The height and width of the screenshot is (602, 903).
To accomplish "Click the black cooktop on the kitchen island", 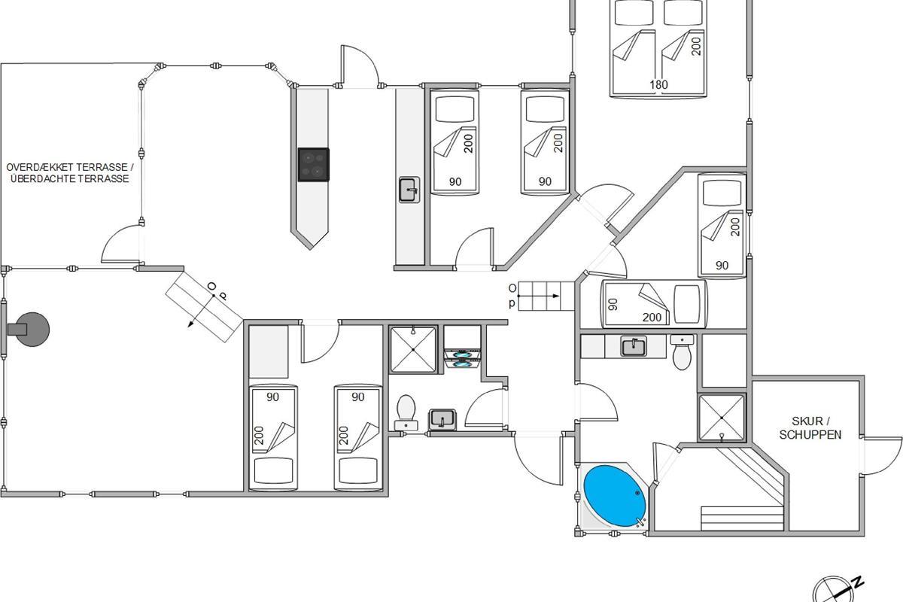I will coord(314,165).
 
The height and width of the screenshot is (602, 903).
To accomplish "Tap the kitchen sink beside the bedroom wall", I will coord(409,190).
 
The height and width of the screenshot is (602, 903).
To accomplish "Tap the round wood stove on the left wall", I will coord(32,328).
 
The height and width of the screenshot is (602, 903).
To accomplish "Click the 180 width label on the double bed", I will coord(658,85).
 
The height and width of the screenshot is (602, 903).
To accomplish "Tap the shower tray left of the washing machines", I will coord(412,349).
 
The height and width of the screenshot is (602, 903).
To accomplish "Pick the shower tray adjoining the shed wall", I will coord(722,416).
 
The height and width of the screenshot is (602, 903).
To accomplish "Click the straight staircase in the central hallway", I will coord(539,295).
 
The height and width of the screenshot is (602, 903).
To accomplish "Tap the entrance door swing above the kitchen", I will coord(360,68).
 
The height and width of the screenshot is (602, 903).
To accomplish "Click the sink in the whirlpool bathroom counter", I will coord(634,346).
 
